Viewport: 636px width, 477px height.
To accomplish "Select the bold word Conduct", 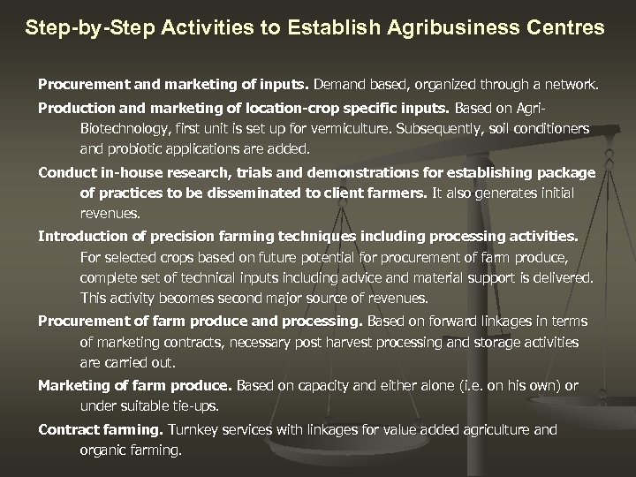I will [x=65, y=172].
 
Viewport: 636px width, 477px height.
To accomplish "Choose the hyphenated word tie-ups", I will [x=194, y=405].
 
